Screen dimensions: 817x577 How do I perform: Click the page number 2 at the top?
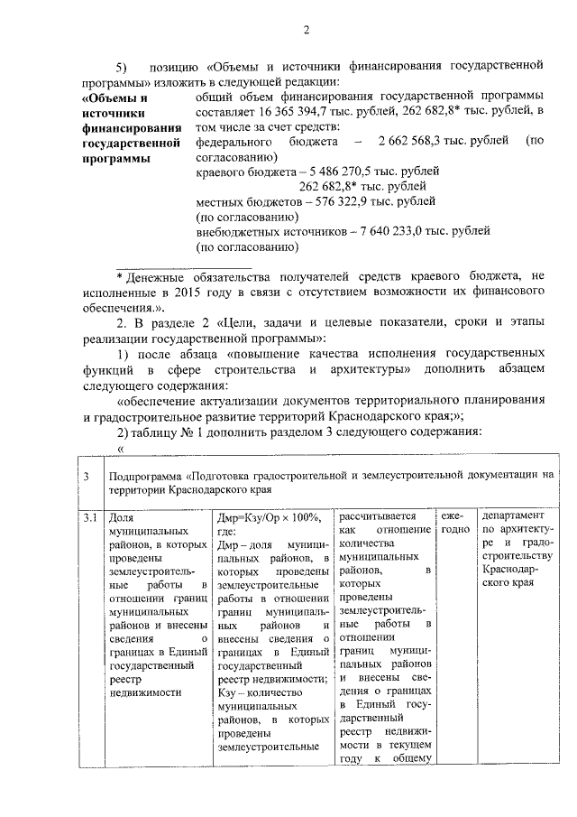pyautogui.click(x=306, y=30)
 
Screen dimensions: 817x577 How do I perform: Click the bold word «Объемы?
pyautogui.click(x=114, y=96)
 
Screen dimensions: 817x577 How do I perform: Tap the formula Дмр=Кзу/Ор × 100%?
pyautogui.click(x=270, y=518)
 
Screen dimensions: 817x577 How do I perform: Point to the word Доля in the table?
pyautogui.click(x=120, y=519)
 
